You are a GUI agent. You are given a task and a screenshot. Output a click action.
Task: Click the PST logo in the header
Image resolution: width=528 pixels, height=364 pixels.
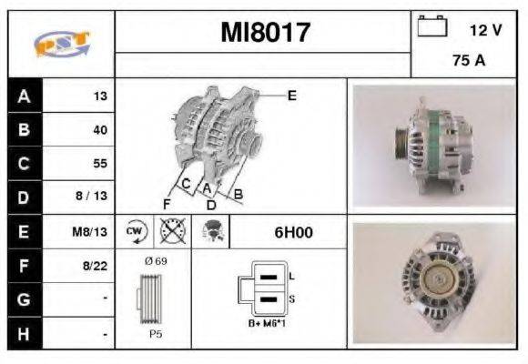pyautogui.click(x=61, y=43)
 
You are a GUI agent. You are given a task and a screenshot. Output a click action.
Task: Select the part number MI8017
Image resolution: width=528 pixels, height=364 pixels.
pyautogui.click(x=266, y=33)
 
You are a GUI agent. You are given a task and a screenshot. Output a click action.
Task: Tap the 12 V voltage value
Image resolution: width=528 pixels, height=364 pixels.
pyautogui.click(x=485, y=30)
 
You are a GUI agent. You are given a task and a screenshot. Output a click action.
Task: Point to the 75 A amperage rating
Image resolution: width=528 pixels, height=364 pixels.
pyautogui.click(x=468, y=61)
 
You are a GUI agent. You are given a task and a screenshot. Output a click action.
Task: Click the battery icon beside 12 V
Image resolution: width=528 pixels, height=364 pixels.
pyautogui.click(x=430, y=27)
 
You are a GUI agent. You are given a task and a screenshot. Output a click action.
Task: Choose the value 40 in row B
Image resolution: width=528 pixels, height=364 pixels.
pyautogui.click(x=99, y=130)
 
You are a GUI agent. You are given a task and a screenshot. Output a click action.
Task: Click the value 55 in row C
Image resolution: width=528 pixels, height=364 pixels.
pyautogui.click(x=99, y=164)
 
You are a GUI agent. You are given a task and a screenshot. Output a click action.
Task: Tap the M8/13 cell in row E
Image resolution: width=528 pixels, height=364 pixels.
pyautogui.click(x=91, y=232)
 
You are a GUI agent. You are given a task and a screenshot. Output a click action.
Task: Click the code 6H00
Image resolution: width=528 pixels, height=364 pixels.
pyautogui.click(x=293, y=232)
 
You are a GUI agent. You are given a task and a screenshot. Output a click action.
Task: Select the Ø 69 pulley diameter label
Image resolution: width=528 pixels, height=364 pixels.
pyautogui.click(x=155, y=261)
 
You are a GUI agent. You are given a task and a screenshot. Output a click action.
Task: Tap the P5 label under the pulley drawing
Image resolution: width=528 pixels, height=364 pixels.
pyautogui.click(x=156, y=334)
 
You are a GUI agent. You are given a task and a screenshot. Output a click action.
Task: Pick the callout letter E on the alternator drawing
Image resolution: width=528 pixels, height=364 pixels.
pyautogui.click(x=291, y=94)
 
